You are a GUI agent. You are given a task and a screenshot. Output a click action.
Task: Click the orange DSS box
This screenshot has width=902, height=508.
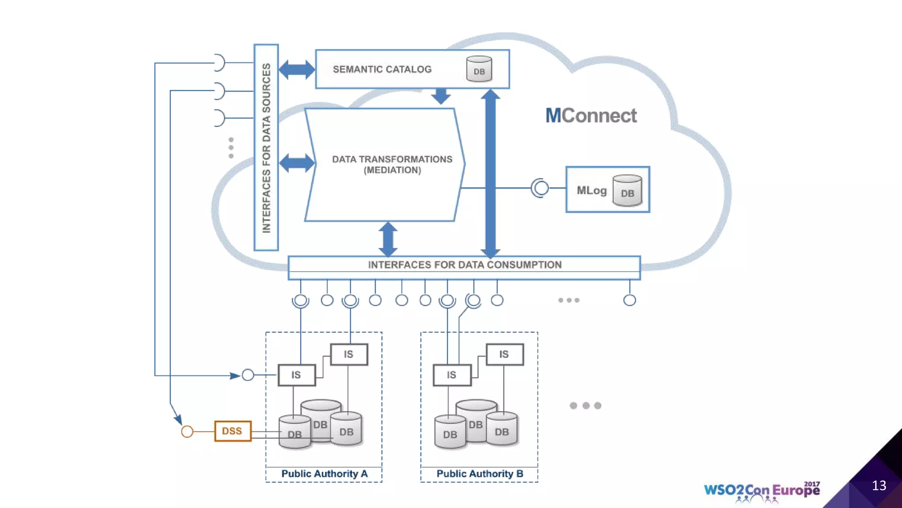pyautogui.click(x=233, y=431)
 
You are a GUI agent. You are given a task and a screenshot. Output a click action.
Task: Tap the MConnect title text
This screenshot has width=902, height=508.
pyautogui.click(x=591, y=116)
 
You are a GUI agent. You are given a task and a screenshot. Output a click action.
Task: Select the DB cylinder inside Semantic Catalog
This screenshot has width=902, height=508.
pyautogui.click(x=479, y=69)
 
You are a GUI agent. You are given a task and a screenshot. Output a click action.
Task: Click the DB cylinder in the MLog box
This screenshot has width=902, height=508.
pyautogui.click(x=627, y=190)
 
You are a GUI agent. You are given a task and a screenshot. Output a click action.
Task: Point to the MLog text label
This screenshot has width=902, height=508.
pyautogui.click(x=591, y=190)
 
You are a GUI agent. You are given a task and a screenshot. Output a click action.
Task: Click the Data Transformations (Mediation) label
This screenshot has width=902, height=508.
pyautogui.click(x=392, y=164)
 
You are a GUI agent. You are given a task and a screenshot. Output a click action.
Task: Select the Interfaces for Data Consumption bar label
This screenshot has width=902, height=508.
pyautogui.click(x=465, y=265)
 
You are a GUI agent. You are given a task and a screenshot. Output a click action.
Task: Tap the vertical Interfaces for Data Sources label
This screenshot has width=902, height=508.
pyautogui.click(x=266, y=148)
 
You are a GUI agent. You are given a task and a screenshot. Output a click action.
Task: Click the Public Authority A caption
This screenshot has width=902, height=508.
pyautogui.click(x=324, y=474)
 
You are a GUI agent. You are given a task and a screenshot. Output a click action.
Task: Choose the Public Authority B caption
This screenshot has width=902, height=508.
pyautogui.click(x=480, y=474)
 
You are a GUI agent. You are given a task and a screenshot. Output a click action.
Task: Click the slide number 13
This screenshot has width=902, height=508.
pyautogui.click(x=879, y=486)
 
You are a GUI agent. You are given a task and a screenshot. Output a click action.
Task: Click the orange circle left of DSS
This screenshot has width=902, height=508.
pyautogui.click(x=187, y=431)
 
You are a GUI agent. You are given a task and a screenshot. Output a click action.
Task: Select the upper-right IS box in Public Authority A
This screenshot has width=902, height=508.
pyautogui.click(x=349, y=354)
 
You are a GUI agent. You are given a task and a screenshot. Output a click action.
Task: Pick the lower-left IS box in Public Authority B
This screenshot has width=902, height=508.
pyautogui.click(x=452, y=375)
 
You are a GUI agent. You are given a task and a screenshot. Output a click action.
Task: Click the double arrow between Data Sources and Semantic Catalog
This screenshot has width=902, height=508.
pyautogui.click(x=297, y=69)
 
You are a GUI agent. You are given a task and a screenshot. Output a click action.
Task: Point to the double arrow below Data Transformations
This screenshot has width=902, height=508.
pyautogui.click(x=388, y=239)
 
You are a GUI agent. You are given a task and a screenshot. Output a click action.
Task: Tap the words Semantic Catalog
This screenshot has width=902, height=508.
pyautogui.click(x=382, y=69)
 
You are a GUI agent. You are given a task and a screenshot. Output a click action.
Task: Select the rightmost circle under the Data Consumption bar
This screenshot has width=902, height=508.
pyautogui.click(x=629, y=300)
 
